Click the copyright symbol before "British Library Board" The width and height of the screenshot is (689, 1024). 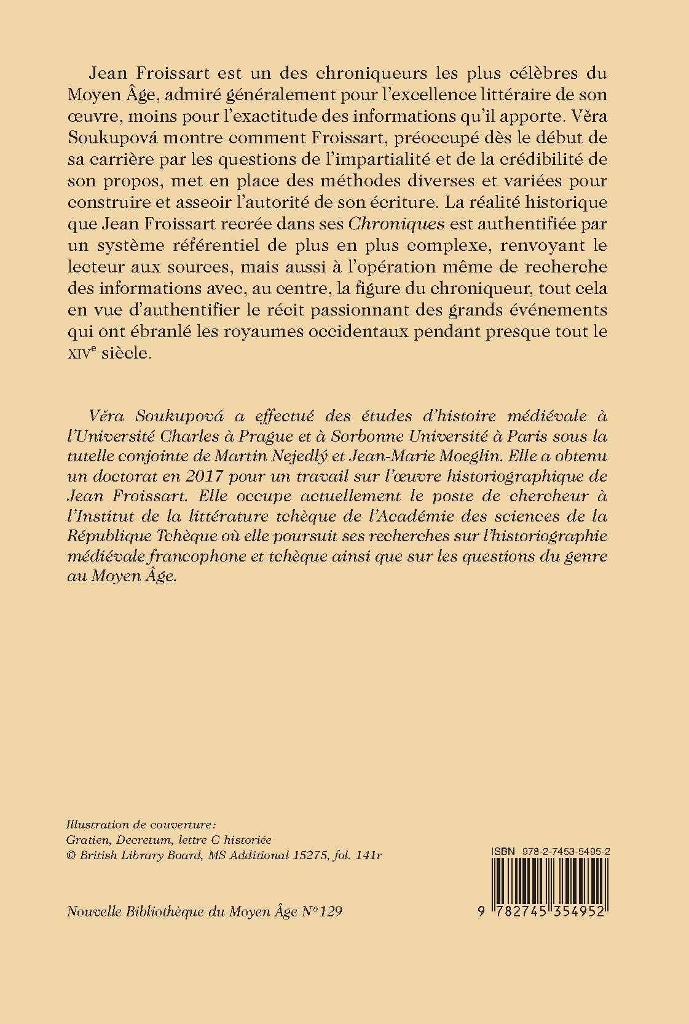[x=70, y=855]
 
